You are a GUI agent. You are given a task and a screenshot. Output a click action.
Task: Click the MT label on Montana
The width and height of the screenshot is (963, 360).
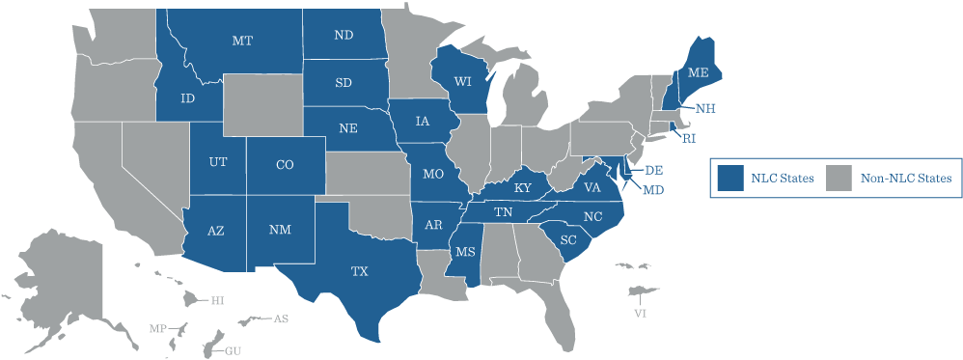242,41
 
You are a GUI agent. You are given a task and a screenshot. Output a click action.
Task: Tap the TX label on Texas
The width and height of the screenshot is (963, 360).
359,272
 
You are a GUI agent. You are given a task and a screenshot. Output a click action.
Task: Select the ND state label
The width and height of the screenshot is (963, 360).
344,36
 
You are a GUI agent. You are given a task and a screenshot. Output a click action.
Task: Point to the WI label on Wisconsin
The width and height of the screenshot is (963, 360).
462,81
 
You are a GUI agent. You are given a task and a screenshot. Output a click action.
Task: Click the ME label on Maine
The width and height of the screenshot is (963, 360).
698,73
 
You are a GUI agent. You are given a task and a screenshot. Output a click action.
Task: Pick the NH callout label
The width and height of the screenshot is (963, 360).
704,107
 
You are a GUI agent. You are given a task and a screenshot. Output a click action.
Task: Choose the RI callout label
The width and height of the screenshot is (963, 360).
688,139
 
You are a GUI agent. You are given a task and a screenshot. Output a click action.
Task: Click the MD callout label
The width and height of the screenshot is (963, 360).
653,190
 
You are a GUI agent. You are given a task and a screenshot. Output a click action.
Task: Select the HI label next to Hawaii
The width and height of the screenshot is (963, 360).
217,301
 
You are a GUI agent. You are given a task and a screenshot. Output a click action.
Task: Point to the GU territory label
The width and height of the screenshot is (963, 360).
233,350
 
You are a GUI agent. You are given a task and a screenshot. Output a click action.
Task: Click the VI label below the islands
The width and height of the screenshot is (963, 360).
640,314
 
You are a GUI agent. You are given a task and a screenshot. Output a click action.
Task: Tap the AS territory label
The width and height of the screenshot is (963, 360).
280,318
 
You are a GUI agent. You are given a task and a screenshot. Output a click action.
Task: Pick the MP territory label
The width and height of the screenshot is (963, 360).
157,329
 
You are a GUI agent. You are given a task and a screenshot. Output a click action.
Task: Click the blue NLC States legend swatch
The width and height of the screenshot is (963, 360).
729,178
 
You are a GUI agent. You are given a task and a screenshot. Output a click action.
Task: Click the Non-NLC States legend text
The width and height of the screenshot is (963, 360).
906,178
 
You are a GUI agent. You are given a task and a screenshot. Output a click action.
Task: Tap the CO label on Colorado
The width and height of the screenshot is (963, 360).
285,165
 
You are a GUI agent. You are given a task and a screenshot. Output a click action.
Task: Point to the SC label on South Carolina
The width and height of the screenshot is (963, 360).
567,239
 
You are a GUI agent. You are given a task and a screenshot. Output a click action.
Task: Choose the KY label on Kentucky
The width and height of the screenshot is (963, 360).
523,187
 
